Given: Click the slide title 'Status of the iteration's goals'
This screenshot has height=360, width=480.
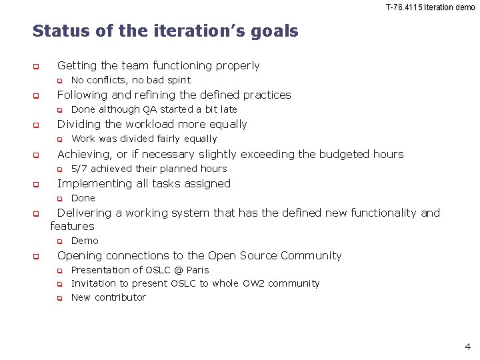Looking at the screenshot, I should click(165, 31).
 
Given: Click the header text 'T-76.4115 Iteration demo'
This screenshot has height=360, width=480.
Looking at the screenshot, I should click(430, 7).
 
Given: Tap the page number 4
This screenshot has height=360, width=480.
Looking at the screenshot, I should click(467, 346).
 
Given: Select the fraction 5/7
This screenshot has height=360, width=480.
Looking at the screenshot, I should click(79, 169).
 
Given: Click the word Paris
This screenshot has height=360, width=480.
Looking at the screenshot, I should click(198, 270).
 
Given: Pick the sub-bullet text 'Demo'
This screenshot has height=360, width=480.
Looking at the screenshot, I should click(85, 241).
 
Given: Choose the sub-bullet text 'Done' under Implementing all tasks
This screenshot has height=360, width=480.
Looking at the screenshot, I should click(83, 198).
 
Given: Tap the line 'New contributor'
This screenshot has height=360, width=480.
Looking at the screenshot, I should click(108, 297).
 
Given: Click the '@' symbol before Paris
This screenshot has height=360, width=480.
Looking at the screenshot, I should click(179, 270).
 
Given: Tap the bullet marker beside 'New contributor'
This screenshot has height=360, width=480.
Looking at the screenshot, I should click(59, 298).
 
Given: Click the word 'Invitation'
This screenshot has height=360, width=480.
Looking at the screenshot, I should click(95, 283).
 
